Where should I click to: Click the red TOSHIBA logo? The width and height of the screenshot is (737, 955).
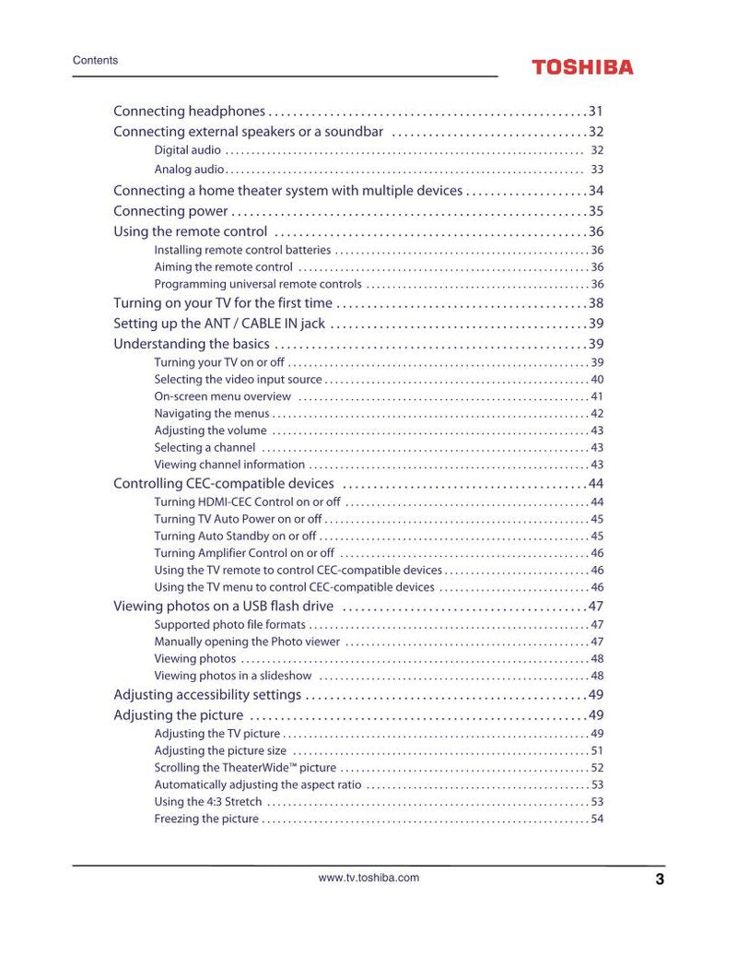582,67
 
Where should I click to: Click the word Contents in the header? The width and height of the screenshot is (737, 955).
95,61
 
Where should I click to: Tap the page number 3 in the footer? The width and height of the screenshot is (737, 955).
660,879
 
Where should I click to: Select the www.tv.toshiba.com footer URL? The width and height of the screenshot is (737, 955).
368,878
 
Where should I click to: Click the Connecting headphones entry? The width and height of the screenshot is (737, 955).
189,112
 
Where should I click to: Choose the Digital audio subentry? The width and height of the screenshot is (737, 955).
187,150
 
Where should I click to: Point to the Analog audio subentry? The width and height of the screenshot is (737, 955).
189,170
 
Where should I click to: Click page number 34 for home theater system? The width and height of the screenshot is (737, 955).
596,191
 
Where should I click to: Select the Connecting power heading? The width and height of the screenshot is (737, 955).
170,211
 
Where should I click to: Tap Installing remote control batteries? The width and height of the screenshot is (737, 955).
242,250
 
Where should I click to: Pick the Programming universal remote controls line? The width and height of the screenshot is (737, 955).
258,284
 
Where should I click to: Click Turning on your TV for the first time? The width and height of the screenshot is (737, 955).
223,303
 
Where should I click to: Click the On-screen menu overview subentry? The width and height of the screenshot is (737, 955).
222,396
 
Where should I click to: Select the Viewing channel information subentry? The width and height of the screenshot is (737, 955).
229,465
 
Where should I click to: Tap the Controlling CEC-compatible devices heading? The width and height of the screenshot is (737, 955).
224,484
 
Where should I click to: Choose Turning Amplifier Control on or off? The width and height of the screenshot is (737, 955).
244,553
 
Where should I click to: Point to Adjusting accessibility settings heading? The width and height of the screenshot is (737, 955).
207,695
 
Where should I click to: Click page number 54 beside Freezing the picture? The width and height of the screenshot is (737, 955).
597,819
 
